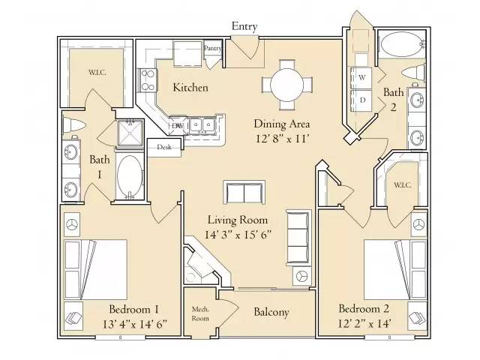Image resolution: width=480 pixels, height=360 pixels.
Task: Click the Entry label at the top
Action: point(244,26)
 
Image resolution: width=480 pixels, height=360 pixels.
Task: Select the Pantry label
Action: point(213,48)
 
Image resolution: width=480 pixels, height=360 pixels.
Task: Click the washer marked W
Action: point(361,77)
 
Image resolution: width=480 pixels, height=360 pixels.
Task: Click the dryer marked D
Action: point(361,99)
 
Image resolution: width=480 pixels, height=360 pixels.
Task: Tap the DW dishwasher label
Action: point(177,126)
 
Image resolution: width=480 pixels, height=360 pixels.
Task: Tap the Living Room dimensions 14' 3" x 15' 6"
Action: point(238,234)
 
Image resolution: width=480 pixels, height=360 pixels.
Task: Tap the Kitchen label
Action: point(190,88)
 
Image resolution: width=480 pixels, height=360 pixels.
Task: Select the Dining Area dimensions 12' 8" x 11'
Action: point(281,138)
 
